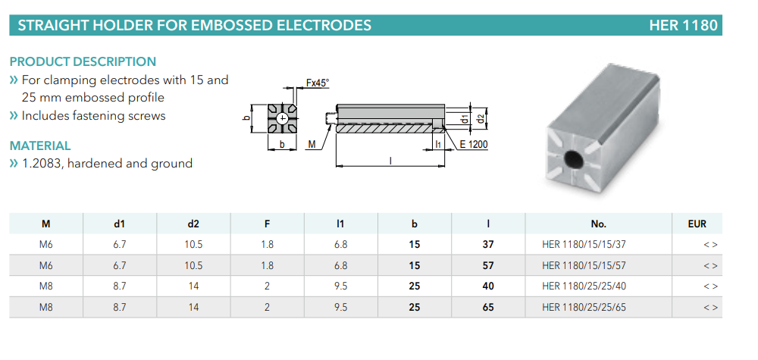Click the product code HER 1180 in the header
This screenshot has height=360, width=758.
point(682,25)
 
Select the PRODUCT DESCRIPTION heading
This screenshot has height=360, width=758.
point(83,61)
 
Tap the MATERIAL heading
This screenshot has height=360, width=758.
point(40,146)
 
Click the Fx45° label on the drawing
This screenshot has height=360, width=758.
point(318,83)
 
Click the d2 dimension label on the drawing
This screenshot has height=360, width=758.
point(481,118)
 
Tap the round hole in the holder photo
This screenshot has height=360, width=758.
point(574,160)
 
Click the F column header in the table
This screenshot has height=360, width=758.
point(267,224)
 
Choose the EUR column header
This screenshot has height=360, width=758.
point(697,224)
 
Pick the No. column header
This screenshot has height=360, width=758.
point(599,224)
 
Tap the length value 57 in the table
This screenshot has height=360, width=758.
point(487,265)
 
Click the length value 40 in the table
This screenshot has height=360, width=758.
point(487,286)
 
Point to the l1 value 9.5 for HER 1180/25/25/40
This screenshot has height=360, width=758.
point(340,286)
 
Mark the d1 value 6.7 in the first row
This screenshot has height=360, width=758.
point(119,245)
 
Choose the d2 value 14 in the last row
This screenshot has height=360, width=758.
point(193,307)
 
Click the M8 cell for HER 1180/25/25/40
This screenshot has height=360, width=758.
point(45,286)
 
